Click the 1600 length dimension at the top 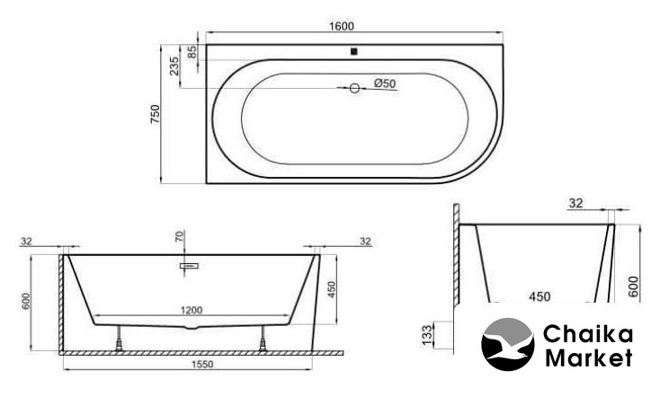(x=341, y=26)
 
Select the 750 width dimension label (x=156, y=113)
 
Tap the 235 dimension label (x=174, y=66)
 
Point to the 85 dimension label (x=192, y=52)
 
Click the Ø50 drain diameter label (x=385, y=84)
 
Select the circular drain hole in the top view (x=354, y=88)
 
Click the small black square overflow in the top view (x=354, y=52)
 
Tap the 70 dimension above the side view (x=179, y=237)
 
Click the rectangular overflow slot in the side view (x=189, y=266)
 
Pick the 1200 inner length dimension (x=192, y=310)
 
